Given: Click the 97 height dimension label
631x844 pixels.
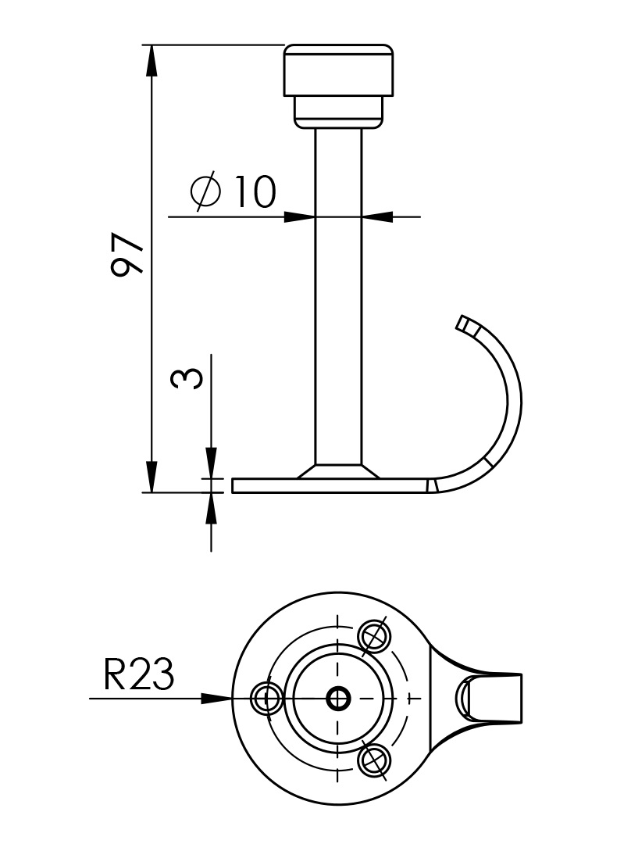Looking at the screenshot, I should click(127, 255).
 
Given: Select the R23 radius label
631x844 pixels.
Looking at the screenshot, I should click(138, 674).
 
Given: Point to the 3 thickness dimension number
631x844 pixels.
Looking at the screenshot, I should click(187, 377).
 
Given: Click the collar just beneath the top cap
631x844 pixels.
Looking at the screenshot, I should click(338, 111).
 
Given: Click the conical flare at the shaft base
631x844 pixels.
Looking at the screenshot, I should click(338, 472).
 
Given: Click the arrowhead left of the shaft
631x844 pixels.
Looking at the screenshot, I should click(300, 216).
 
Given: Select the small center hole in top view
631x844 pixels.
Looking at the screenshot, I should click(338, 698).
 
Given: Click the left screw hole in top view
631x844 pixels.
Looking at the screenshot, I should click(267, 698).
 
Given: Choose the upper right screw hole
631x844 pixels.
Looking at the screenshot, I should click(374, 636).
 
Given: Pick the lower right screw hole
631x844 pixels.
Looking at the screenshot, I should click(374, 760).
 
